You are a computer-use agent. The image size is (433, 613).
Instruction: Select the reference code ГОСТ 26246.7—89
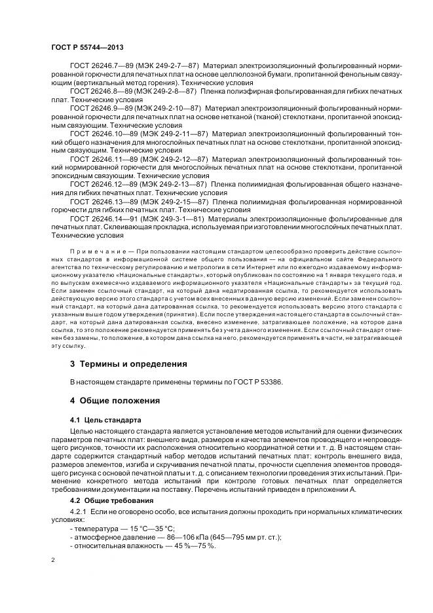click(98, 66)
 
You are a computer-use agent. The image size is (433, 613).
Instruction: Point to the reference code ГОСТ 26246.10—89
click(100, 134)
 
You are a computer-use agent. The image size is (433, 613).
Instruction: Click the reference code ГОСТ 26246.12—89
click(100, 185)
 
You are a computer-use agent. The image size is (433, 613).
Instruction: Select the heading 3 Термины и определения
click(128, 363)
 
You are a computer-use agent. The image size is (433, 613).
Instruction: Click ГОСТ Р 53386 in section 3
click(259, 381)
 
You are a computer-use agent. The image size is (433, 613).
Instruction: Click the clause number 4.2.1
click(79, 513)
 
